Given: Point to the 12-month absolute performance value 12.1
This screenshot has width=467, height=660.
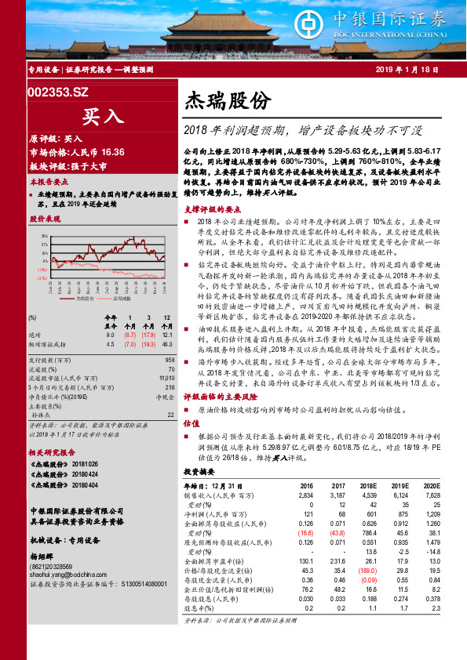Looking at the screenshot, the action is [x=166, y=335].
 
